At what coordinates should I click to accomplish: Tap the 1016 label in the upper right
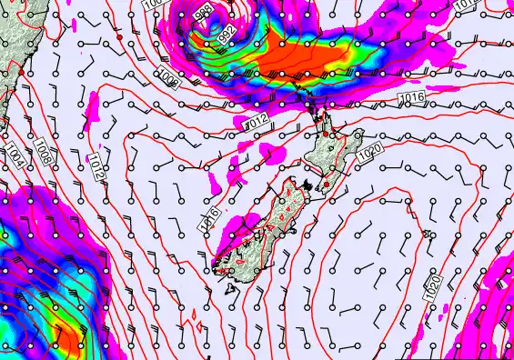411,97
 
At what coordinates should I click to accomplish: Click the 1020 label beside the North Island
368,155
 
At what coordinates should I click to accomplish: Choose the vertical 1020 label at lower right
433,289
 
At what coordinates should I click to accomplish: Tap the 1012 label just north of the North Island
256,121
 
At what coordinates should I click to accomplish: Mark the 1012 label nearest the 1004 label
96,165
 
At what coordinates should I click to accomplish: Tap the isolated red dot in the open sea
118,38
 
